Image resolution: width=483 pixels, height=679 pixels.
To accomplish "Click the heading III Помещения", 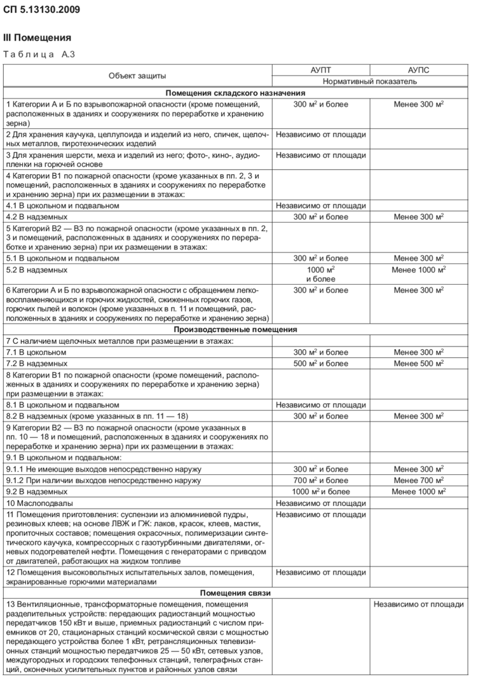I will coord(37,38).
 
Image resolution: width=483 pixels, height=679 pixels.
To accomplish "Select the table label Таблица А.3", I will coord(39,55).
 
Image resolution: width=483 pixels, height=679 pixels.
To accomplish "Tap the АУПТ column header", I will coord(321,70).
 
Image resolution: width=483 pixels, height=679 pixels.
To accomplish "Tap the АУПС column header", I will coord(418,70).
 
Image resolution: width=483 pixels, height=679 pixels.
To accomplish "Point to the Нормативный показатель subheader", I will coord(370,81).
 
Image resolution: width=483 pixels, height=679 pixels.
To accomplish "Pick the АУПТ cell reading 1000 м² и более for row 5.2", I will coord(321,273).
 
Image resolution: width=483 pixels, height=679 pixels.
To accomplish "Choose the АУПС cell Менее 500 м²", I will coord(418,364).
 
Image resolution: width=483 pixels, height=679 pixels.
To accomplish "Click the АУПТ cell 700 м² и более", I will coord(321,480).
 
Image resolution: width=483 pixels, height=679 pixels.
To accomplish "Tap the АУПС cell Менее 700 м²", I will coord(418,480).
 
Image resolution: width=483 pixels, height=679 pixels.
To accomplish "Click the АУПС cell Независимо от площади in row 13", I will coord(418,604).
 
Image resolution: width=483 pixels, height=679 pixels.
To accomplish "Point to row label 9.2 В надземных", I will coord(37,491).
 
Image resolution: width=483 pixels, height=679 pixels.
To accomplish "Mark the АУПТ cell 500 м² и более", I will coord(321,364).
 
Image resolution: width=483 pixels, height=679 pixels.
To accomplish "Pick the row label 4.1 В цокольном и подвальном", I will coord(62,205).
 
